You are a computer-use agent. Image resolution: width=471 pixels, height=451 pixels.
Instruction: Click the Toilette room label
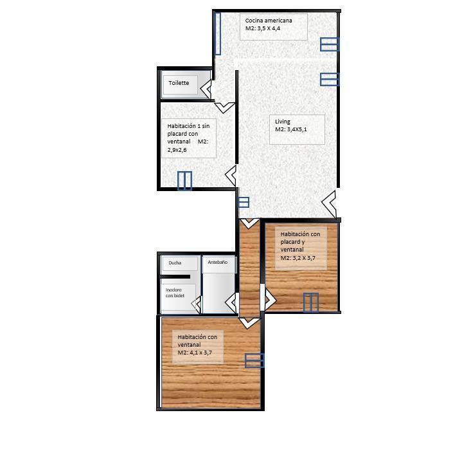point(179,83)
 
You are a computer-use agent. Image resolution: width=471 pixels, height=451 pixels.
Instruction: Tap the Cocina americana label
point(269,21)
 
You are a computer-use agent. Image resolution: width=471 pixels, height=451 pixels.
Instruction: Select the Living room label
point(283,122)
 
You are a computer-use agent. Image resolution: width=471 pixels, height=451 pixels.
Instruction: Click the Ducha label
point(175,262)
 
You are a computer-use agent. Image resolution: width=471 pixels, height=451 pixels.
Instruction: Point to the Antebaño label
point(217,262)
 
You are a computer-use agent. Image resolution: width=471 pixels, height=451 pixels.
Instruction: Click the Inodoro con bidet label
point(175,293)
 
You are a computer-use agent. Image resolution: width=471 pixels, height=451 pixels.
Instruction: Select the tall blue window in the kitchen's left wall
point(218,33)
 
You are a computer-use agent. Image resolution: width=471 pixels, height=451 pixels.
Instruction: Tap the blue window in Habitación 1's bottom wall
point(184,181)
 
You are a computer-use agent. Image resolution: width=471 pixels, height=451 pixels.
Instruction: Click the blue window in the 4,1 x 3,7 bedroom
point(254,360)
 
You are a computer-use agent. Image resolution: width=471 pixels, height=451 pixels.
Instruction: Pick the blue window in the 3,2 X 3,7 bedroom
point(310,302)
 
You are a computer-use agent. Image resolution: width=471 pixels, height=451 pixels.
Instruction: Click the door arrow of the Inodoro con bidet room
point(197,304)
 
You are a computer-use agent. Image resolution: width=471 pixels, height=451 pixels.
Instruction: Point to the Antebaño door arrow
point(231,303)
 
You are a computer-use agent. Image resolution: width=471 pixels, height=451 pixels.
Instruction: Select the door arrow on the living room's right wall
point(329,204)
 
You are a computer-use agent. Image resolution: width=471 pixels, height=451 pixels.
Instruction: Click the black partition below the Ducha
point(175,277)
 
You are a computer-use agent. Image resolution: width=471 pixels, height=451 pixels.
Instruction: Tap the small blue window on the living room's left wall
point(244,202)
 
